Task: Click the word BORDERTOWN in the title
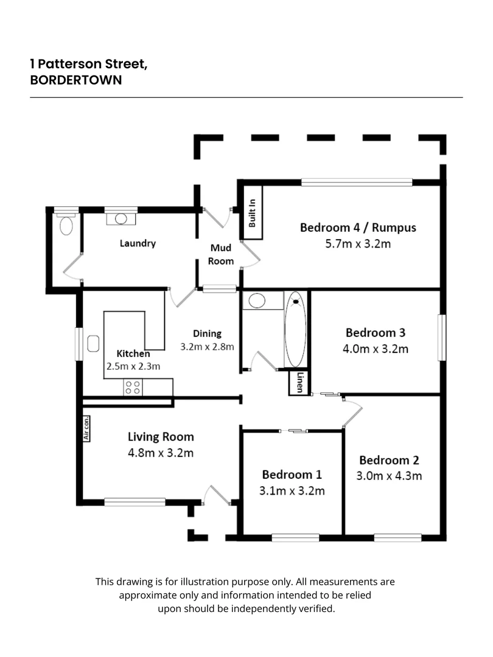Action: tap(76, 80)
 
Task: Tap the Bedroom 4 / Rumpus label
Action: tap(358, 228)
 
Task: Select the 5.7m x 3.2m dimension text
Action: tap(358, 245)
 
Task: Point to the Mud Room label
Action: tap(222, 254)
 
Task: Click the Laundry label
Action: tap(138, 243)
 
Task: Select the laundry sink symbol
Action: tap(121, 218)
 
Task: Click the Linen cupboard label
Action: tap(298, 383)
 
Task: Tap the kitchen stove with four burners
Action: tap(133, 388)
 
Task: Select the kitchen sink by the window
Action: tap(94, 344)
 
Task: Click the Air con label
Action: tap(86, 428)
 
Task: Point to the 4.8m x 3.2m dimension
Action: tap(161, 453)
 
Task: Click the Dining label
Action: tap(207, 333)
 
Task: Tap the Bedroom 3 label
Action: tap(376, 333)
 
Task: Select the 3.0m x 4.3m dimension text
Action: tap(390, 476)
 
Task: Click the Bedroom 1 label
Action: tap(292, 474)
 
